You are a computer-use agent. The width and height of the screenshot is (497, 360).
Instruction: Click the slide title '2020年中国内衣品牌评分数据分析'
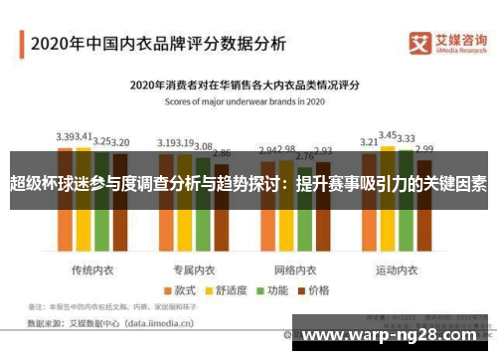point(158,44)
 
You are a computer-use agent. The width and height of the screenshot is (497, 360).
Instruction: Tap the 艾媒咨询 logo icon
point(422,43)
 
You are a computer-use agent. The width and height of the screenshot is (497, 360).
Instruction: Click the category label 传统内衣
point(92,243)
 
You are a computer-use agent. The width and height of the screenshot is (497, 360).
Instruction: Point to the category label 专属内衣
point(194,243)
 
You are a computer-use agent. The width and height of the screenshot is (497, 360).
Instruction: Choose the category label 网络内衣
point(295,243)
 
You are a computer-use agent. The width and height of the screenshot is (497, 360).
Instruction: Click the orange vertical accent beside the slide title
point(23,44)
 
